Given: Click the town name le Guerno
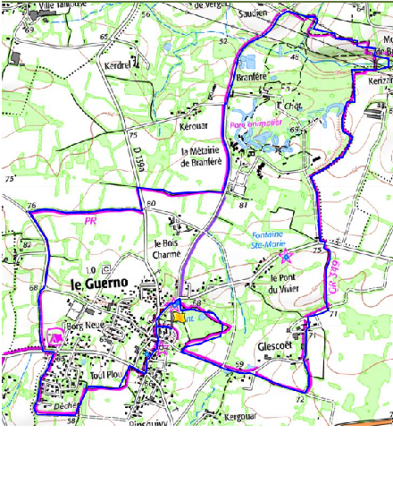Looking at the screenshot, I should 100,283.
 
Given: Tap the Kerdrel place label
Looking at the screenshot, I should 118,65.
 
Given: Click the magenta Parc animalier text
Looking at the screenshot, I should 255,125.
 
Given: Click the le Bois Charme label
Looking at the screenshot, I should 167,248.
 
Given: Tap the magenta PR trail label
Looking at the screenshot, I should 89,220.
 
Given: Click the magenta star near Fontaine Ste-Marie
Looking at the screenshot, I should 286,256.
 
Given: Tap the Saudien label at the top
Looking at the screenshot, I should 255,15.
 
